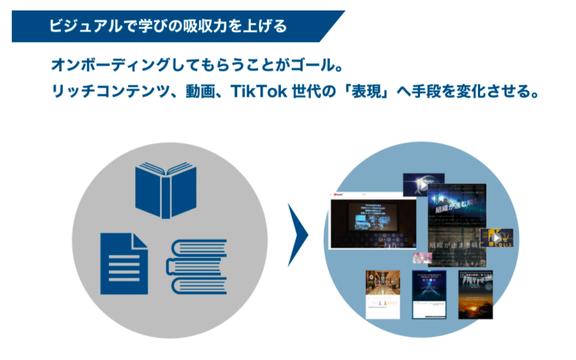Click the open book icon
pyautogui.click(x=165, y=189)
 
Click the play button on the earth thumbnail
pyautogui.click(x=423, y=185)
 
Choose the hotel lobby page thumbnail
pyautogui.click(x=383, y=293)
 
